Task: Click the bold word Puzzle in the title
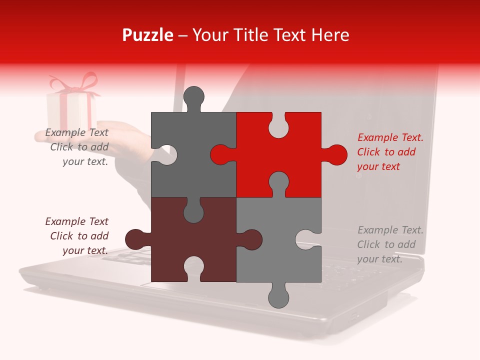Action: [x=148, y=35]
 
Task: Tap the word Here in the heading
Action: [x=330, y=35]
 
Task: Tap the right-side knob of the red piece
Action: [x=336, y=155]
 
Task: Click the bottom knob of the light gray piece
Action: [x=278, y=296]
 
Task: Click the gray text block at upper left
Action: [x=77, y=147]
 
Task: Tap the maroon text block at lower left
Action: [x=77, y=236]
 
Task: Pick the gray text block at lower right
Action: [x=390, y=244]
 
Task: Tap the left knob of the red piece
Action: [x=220, y=155]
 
